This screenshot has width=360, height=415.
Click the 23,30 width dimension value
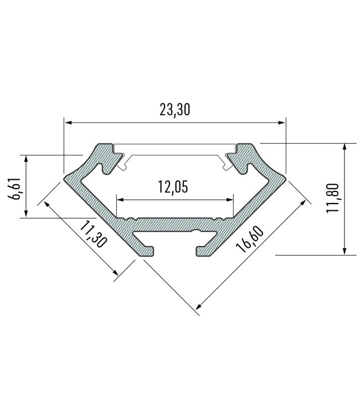pos(174,110)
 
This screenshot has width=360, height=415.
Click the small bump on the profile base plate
pos(195,229)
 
